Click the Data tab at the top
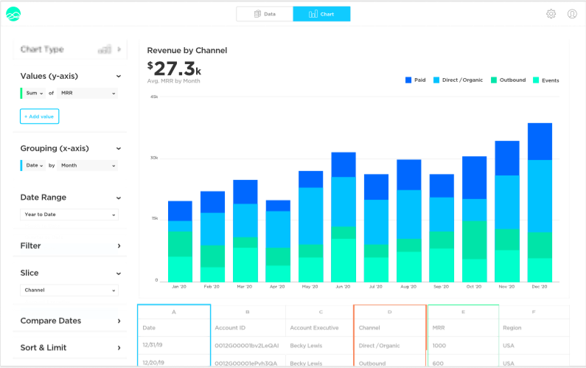click(x=264, y=14)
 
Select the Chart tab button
click(x=321, y=14)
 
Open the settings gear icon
click(x=551, y=14)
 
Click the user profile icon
click(x=572, y=14)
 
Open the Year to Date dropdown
click(x=69, y=215)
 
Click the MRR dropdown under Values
click(x=88, y=94)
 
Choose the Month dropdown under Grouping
click(x=88, y=166)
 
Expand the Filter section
click(x=69, y=246)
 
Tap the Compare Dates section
click(x=69, y=321)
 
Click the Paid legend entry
click(x=415, y=80)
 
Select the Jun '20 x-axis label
click(x=343, y=286)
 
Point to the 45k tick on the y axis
click(x=154, y=97)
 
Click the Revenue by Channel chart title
click(x=187, y=51)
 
